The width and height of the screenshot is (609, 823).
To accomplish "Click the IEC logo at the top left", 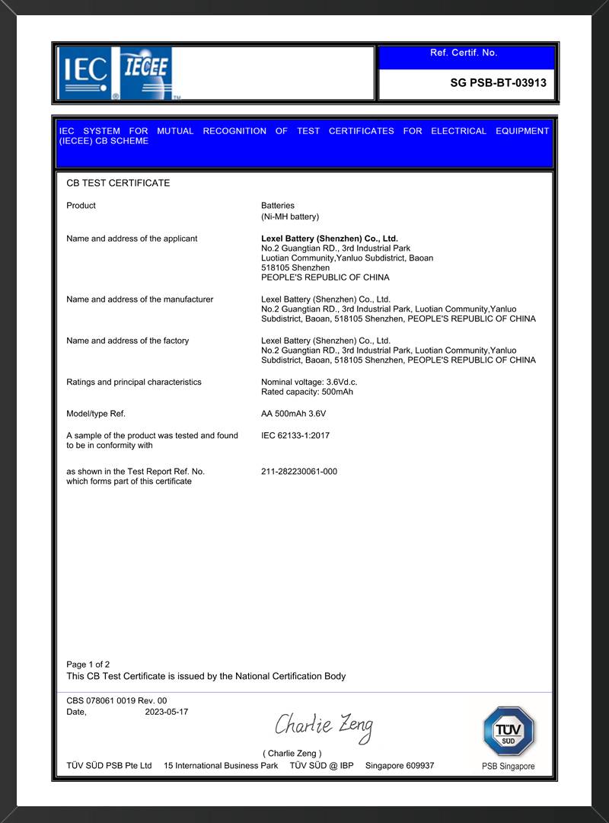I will point(84,73).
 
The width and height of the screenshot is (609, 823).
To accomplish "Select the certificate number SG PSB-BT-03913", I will point(498,83).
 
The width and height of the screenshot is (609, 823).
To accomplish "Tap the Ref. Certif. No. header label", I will point(464,53).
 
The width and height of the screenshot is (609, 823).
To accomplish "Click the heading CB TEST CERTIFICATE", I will point(118,183).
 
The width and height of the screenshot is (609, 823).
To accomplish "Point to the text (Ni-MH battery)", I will point(290,216).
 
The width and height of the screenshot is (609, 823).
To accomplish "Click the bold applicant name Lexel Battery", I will point(329,239).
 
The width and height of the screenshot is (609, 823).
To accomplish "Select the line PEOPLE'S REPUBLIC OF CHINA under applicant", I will point(325,277).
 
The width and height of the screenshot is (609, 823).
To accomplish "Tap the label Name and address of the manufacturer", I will point(139,299).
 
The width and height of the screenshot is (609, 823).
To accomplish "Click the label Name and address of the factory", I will point(127,341).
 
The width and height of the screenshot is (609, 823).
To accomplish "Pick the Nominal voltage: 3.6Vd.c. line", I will point(309,382).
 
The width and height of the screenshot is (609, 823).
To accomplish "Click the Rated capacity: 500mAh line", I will point(307,392).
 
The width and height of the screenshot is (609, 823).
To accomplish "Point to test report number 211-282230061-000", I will point(298,472).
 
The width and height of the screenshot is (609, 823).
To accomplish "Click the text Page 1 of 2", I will point(88,664).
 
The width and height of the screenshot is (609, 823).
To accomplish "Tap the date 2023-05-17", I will point(166,712).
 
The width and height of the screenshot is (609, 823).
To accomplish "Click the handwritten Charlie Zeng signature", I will point(324,725).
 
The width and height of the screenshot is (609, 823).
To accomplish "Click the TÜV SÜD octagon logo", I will point(508,732).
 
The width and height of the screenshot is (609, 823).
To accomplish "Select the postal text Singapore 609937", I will point(400,765).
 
